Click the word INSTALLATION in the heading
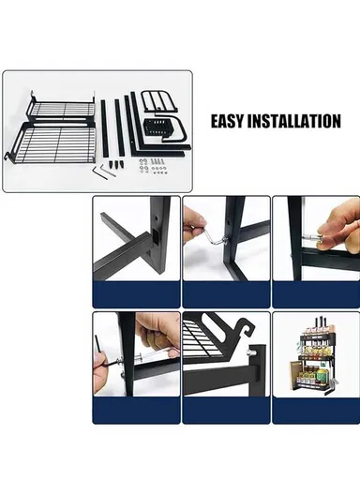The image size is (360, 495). point(298,121)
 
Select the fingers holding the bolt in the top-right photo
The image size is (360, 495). point(340,243)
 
